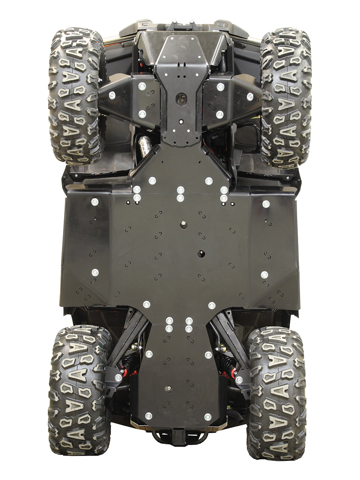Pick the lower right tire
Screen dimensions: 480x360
pyautogui.click(x=277, y=392)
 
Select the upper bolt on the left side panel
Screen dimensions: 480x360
pyautogui.click(x=94, y=202)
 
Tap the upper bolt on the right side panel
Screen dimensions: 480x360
pyautogui.click(x=265, y=204)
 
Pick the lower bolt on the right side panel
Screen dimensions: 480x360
pyautogui.click(x=264, y=274)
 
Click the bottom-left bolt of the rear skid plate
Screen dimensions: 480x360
pyautogui.click(x=148, y=415)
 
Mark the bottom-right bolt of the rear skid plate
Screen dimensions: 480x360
pyautogui.click(x=208, y=416)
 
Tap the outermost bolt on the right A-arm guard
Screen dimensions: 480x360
pyautogui.click(x=249, y=96)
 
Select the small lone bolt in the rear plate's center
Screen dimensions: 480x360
pyautogui.click(x=169, y=388)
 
